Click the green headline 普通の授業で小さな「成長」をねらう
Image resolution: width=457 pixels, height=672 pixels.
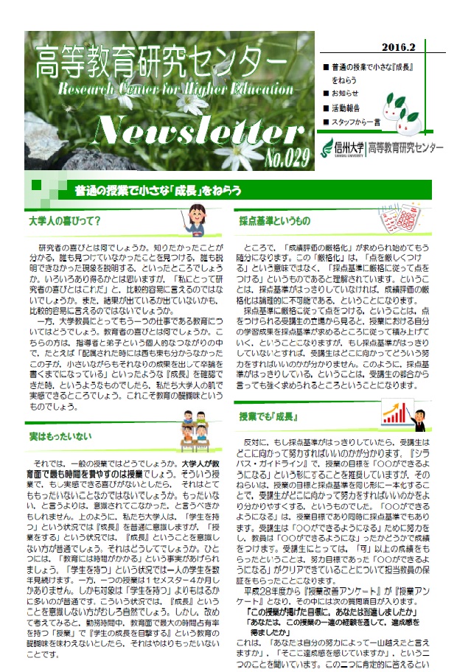coord(158,192)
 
